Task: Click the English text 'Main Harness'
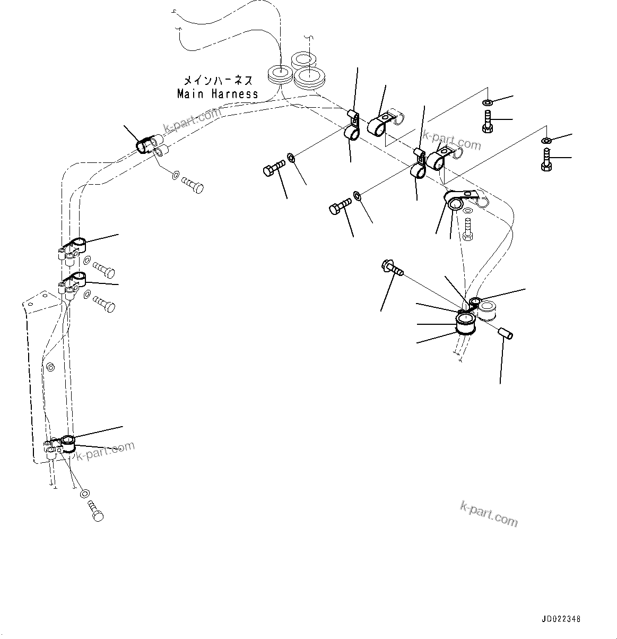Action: click(x=218, y=94)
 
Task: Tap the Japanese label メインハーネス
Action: click(x=218, y=81)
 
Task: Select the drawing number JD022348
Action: click(x=561, y=619)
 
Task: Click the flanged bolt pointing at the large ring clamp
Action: click(x=392, y=267)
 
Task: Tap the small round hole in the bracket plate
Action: click(x=50, y=367)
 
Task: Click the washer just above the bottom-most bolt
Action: click(x=84, y=494)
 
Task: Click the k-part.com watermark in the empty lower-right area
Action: click(x=488, y=514)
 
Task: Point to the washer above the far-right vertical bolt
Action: click(x=546, y=140)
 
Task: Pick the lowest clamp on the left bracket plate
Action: click(x=68, y=443)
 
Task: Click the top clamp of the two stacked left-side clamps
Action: click(x=75, y=245)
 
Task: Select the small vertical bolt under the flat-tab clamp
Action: click(x=467, y=231)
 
